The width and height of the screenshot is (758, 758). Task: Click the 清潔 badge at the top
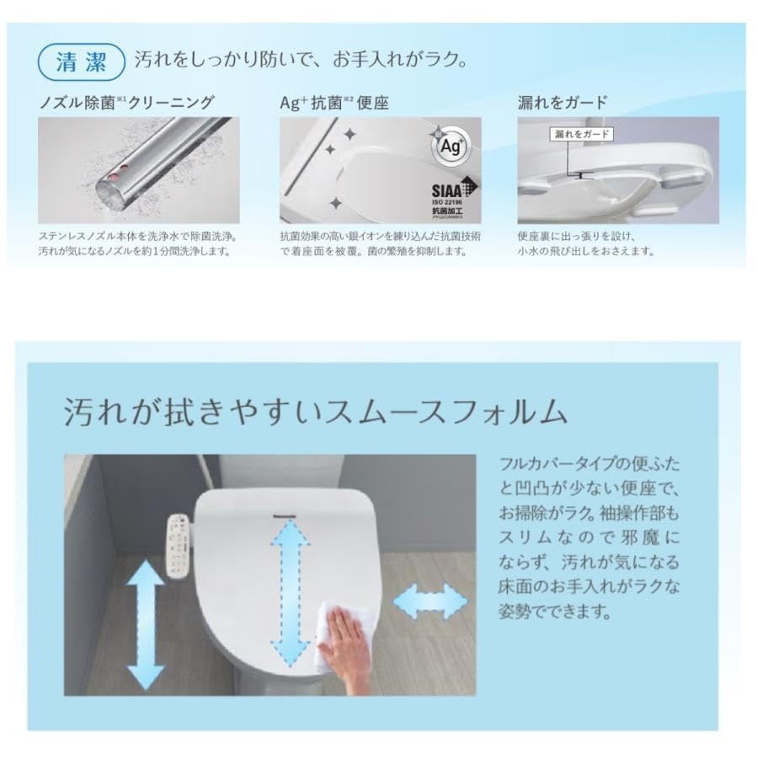tap(82, 61)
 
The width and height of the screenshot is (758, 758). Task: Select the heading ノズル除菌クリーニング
tap(126, 103)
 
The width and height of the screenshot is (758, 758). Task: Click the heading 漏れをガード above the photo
tap(562, 103)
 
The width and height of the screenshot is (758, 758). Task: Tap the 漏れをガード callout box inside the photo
tap(581, 134)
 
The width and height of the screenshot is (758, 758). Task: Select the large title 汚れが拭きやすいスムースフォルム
tap(316, 413)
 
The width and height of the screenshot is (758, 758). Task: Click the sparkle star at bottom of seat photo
tap(335, 203)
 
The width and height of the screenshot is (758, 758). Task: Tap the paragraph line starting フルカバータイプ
tap(589, 464)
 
